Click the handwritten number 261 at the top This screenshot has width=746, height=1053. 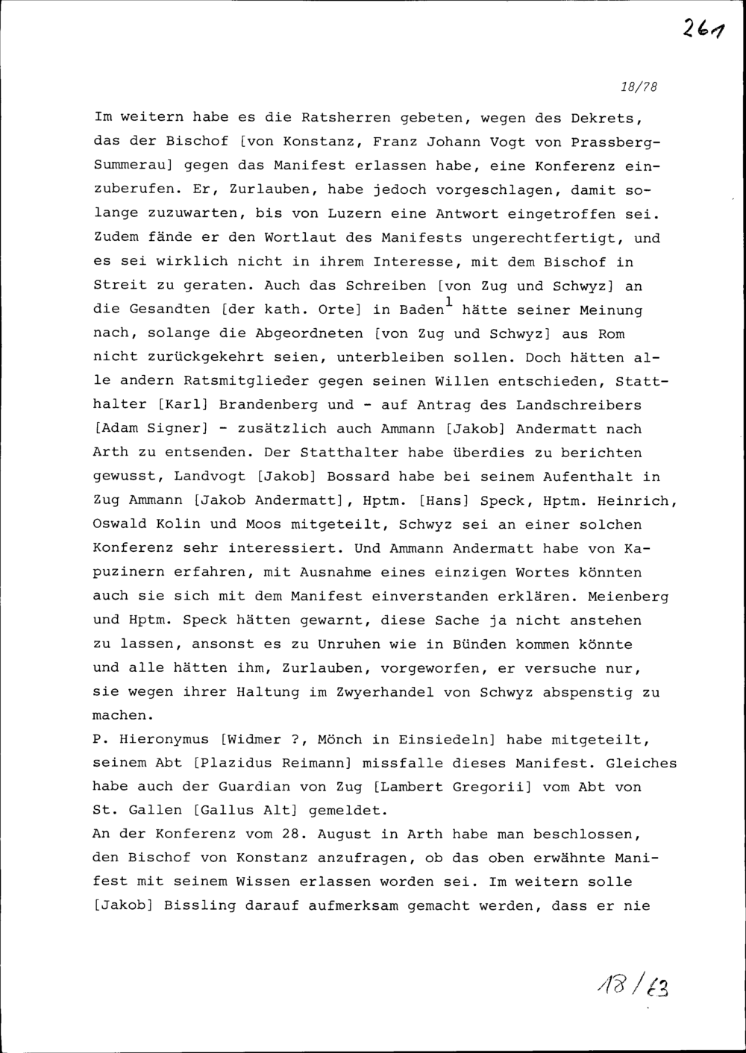pos(703,29)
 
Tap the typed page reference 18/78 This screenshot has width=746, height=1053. pos(639,87)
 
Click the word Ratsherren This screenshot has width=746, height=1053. pos(346,119)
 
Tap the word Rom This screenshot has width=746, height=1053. pos(611,333)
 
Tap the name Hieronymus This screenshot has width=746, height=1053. pos(165,740)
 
